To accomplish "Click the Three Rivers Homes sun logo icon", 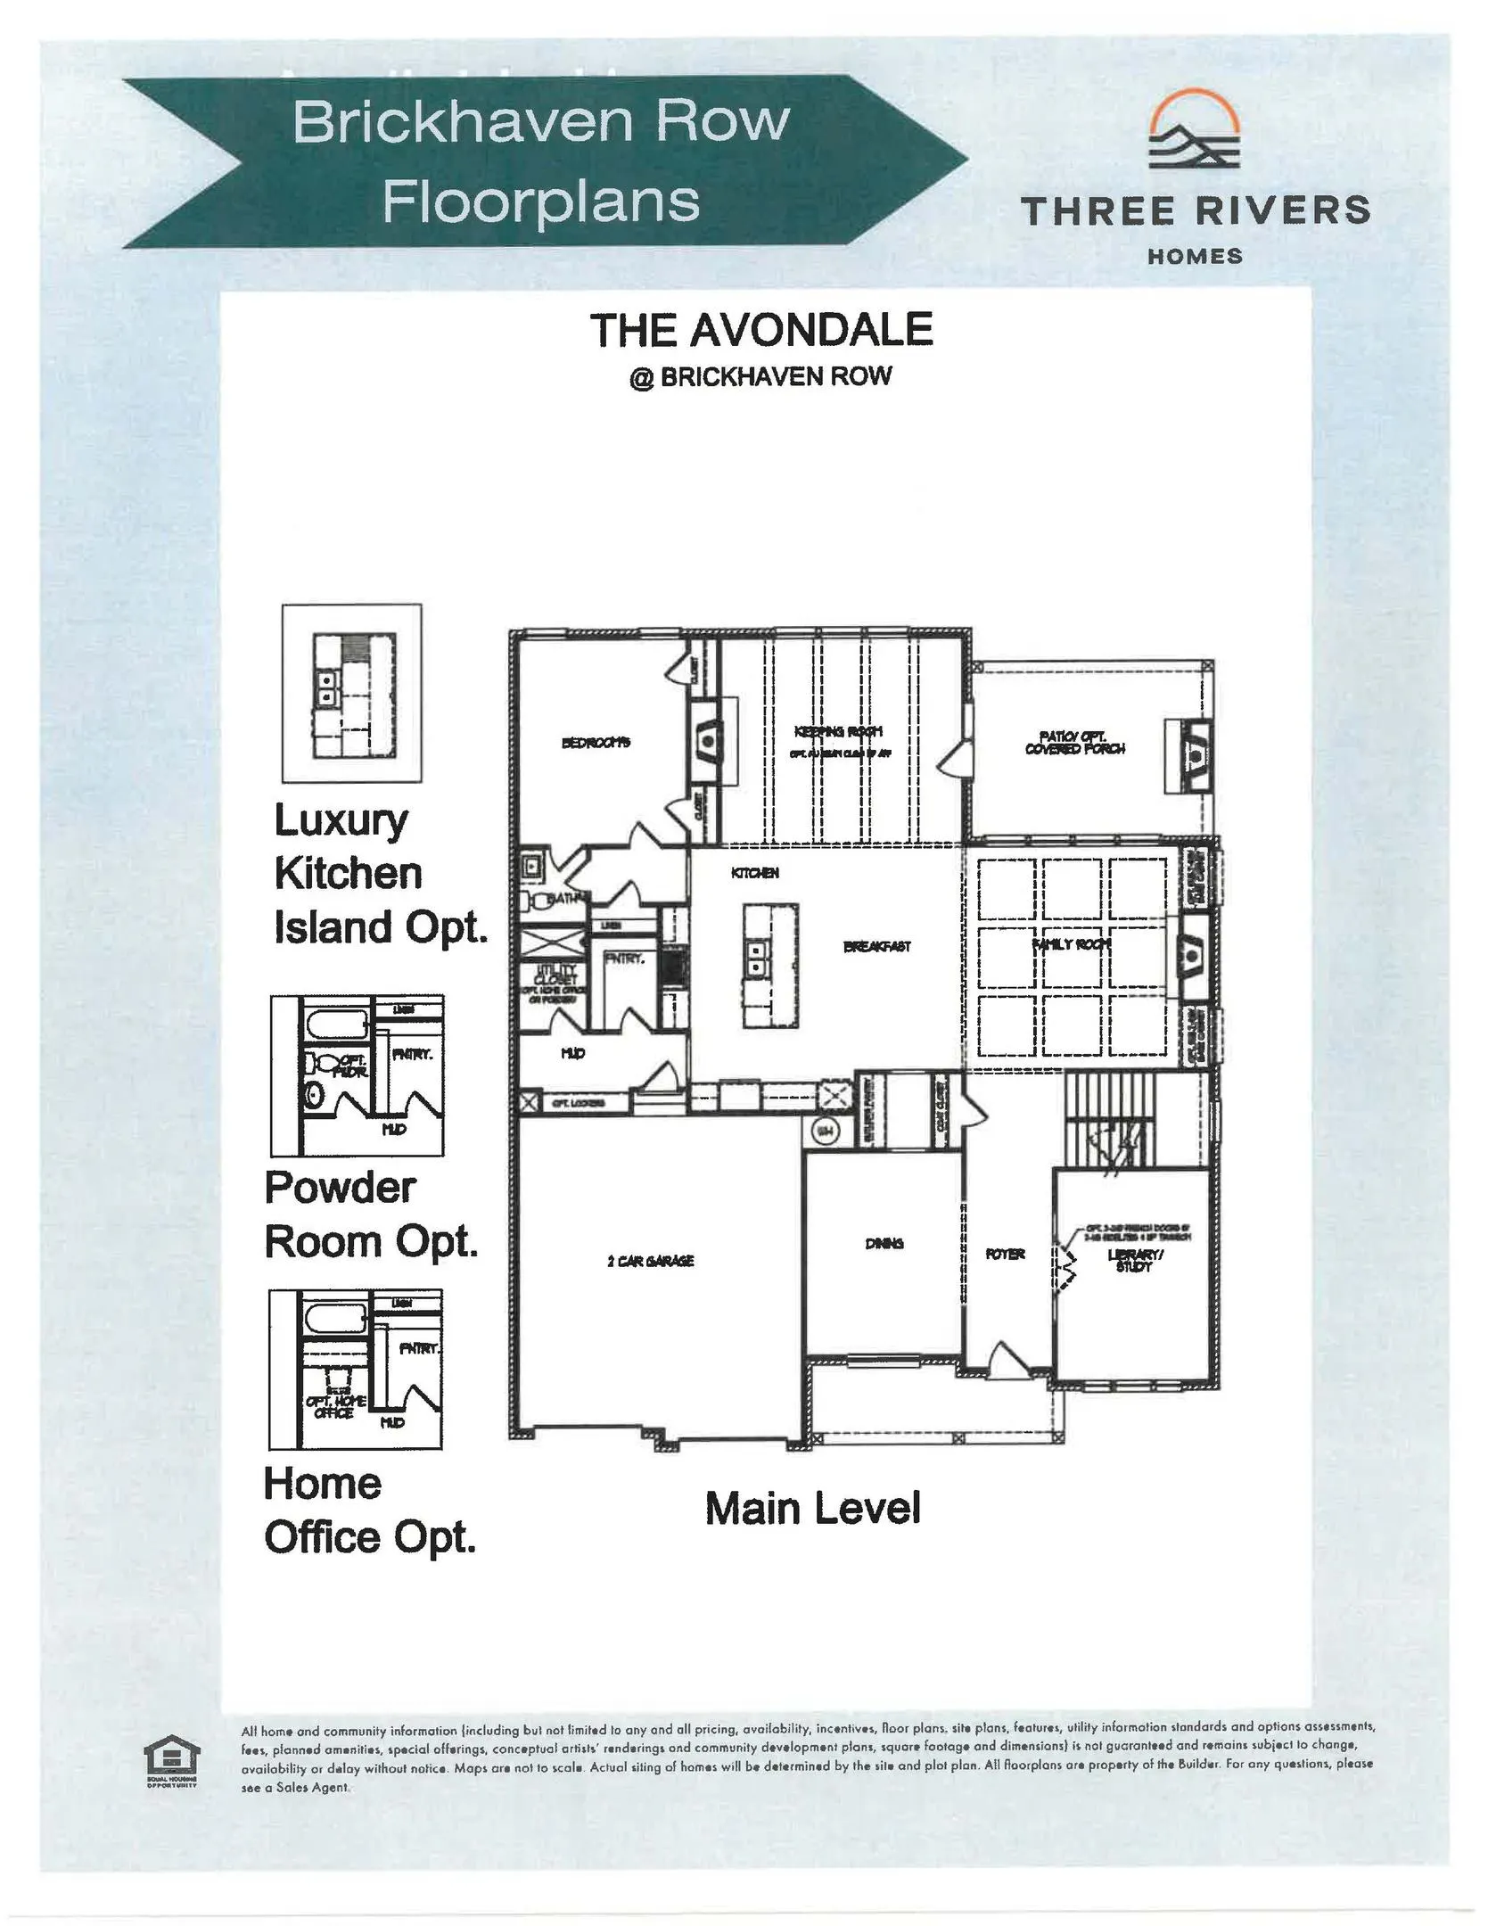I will click(1194, 135).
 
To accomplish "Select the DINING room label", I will click(884, 1243).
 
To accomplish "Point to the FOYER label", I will click(1005, 1254).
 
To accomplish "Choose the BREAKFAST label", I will click(877, 946).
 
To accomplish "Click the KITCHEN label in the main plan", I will click(755, 873).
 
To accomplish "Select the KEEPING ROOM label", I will click(838, 732).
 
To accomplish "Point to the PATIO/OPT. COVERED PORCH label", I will click(1074, 743).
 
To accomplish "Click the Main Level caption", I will click(812, 1508).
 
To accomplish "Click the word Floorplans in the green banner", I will click(541, 202).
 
